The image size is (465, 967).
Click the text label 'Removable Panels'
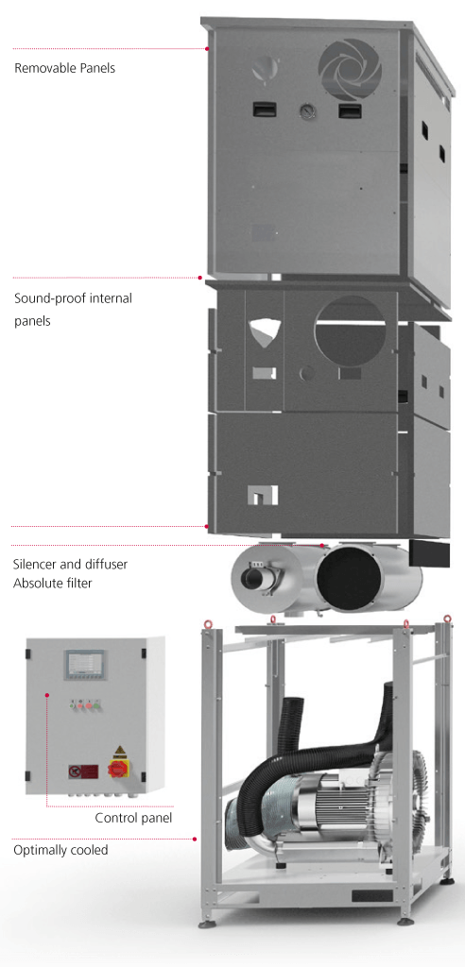point(64,68)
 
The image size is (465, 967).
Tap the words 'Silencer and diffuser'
point(70,565)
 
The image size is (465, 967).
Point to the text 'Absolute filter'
point(52,582)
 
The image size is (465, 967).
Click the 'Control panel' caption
point(133,819)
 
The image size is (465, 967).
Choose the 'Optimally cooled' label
point(60,850)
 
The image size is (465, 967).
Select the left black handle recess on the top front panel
point(264,110)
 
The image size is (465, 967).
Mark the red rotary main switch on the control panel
point(116,768)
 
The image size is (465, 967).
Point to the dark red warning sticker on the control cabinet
point(85,771)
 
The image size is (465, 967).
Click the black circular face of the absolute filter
point(349,578)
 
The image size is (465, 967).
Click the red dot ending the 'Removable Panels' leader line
point(208,48)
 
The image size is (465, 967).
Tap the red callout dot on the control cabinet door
point(46,695)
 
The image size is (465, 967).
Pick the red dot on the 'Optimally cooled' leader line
point(195,839)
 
